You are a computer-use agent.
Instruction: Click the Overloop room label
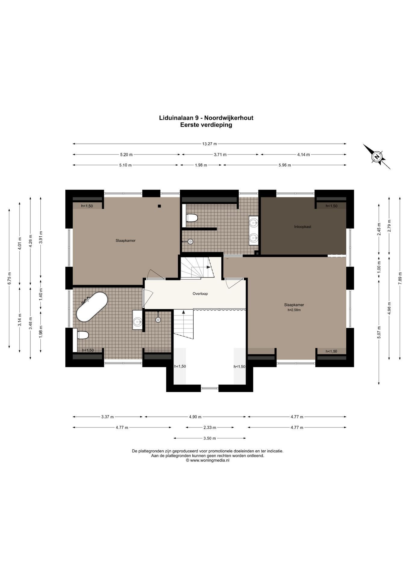(200, 294)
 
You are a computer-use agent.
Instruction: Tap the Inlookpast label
(303, 227)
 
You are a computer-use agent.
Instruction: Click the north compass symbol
(376, 157)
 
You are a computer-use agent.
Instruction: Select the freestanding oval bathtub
(92, 306)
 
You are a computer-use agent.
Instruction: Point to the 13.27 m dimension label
(209, 144)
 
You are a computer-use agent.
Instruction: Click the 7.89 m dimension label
(400, 276)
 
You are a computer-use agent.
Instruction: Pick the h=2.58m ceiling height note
(294, 310)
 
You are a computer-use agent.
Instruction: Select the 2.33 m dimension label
(210, 427)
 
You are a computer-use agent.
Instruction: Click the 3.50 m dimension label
(210, 438)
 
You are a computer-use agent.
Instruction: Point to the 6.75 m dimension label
(9, 278)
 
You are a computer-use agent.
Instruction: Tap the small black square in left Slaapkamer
(159, 206)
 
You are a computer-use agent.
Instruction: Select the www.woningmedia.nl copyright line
(208, 460)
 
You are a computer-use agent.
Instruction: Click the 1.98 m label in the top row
(201, 165)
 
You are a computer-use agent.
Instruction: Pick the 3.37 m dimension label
(108, 417)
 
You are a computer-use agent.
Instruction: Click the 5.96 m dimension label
(285, 165)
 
